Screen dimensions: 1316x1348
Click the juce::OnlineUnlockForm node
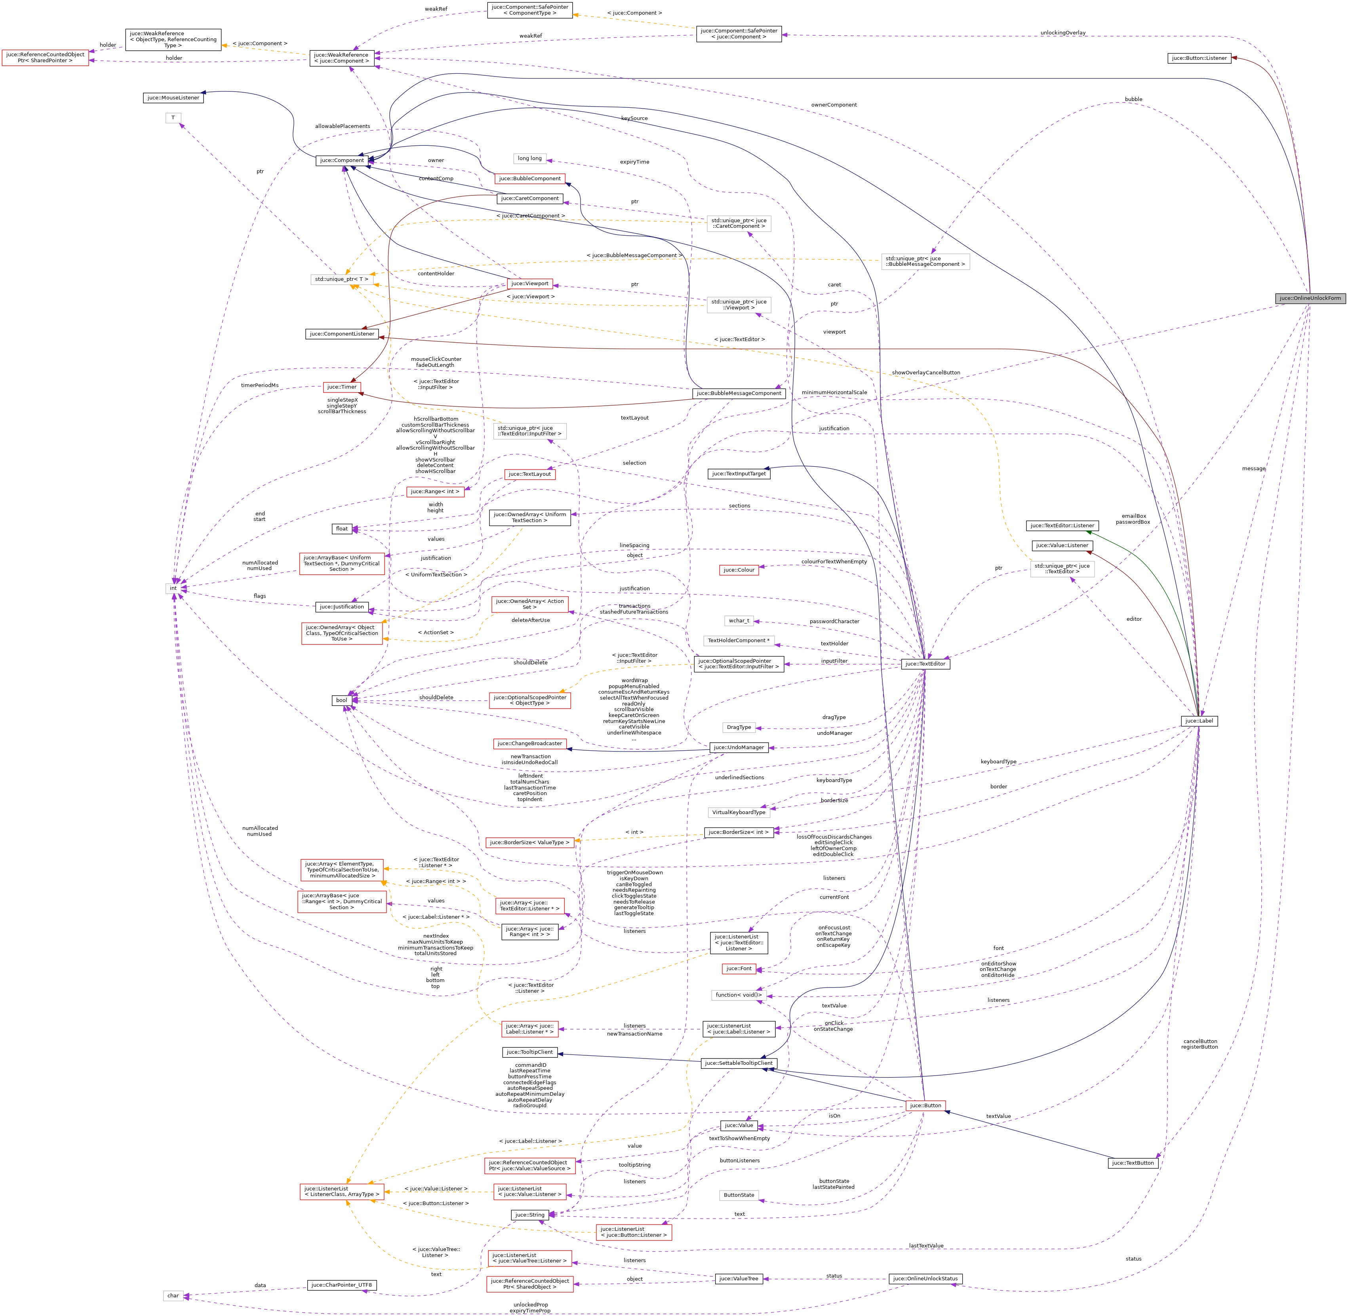point(1309,298)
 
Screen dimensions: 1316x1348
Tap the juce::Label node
point(1199,721)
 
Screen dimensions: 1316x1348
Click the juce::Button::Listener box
point(1199,58)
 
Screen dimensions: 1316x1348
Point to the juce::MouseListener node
point(173,97)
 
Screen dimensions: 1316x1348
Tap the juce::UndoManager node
point(739,747)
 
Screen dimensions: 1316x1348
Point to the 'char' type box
point(173,1295)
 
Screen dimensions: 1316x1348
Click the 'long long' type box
point(530,158)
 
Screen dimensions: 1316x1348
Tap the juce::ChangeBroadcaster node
point(530,743)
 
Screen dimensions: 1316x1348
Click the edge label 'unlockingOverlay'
point(1062,32)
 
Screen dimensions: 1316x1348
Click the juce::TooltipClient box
point(530,1052)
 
